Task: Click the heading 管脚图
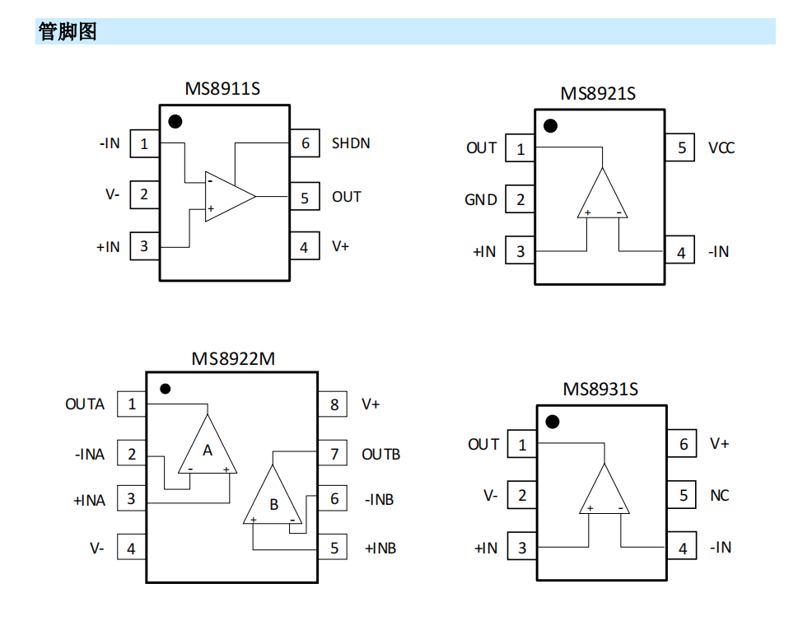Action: coord(68,32)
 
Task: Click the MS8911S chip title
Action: coord(222,88)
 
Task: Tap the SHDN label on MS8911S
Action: coord(351,143)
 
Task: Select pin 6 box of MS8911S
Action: coord(305,143)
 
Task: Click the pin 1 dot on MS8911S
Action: coord(175,122)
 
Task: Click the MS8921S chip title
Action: coord(598,94)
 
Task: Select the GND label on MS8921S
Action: coord(481,199)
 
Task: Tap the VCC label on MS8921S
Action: coord(721,148)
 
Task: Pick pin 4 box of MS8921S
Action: coord(680,253)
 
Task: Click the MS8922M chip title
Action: coord(233,359)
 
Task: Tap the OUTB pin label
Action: coord(380,454)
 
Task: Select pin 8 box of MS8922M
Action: coord(334,404)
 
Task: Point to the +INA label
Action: coord(90,500)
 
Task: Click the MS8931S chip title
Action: coord(600,389)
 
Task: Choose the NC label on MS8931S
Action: coord(720,496)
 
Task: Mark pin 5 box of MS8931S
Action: coord(683,496)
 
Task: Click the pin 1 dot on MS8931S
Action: coord(552,422)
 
